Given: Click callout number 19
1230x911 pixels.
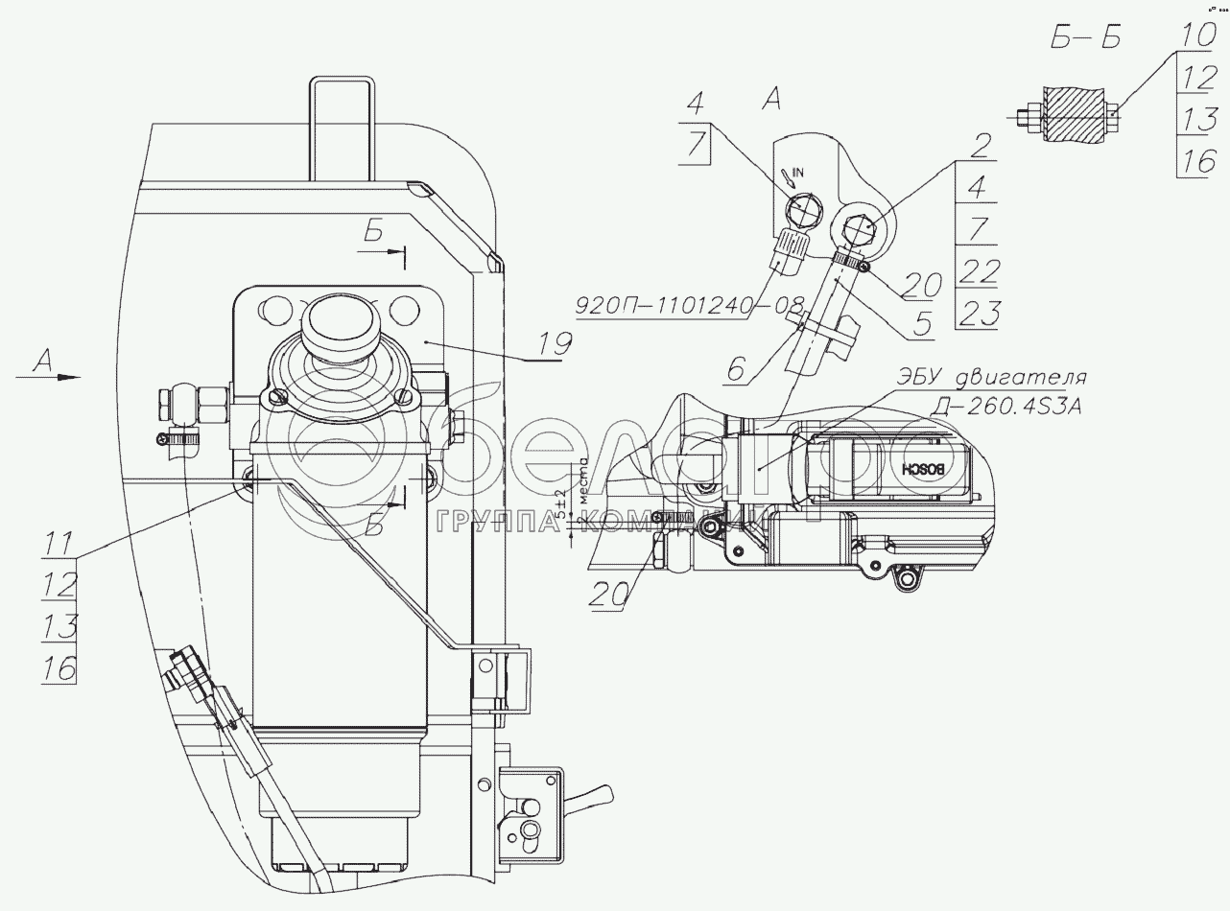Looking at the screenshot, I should coord(555,343).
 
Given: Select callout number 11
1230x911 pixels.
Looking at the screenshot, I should coord(59,543).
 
